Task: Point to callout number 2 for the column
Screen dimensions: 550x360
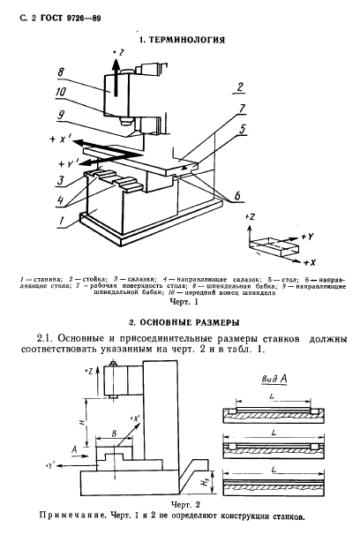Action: [240, 87]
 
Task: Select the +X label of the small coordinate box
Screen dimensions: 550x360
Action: [309, 262]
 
